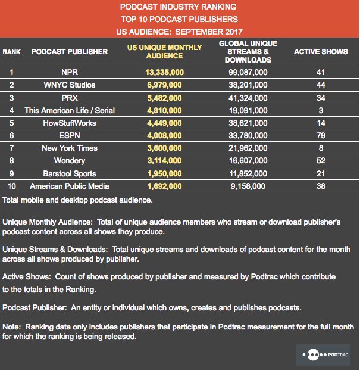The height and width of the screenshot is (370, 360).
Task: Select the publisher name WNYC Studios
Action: pos(70,85)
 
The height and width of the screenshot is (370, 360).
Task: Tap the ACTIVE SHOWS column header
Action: pos(321,52)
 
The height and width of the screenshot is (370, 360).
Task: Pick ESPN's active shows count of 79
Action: pos(321,136)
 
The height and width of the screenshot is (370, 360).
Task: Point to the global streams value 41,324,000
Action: pos(245,98)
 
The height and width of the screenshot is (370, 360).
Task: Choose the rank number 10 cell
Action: pos(11,186)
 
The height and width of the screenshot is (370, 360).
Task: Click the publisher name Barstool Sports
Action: pos(70,174)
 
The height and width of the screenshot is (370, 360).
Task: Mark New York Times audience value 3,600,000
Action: pos(164,148)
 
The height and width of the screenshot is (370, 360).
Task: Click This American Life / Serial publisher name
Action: pos(70,110)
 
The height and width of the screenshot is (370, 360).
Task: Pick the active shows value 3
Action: pos(321,110)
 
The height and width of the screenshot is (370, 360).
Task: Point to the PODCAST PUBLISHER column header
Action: pos(70,52)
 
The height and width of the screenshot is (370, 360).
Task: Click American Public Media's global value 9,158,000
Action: pos(245,186)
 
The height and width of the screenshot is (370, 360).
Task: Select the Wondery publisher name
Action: pos(70,161)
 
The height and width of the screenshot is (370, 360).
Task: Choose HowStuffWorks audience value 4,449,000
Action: pos(164,123)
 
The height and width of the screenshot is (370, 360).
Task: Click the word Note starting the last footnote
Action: pos(11,327)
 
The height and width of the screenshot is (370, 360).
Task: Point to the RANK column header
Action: pos(11,52)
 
